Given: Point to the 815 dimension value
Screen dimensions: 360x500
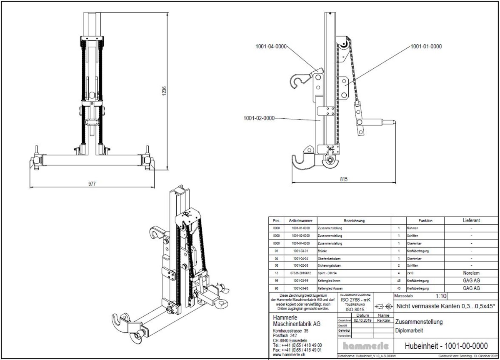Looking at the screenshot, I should click(343, 179).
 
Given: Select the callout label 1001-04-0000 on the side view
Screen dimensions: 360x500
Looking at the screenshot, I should click(271, 47).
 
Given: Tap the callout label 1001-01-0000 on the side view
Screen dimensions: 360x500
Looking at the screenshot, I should click(426, 47).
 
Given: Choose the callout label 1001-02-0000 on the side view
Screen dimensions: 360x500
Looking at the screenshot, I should click(259, 118).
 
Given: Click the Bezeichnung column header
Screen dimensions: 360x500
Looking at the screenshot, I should click(354, 220).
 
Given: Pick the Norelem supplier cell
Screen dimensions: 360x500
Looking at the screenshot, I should click(471, 273).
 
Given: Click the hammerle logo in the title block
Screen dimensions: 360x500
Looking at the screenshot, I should click(366, 346).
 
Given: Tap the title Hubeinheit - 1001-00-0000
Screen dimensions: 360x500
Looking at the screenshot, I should click(446, 346).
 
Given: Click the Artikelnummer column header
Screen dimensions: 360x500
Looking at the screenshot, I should click(300, 220).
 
